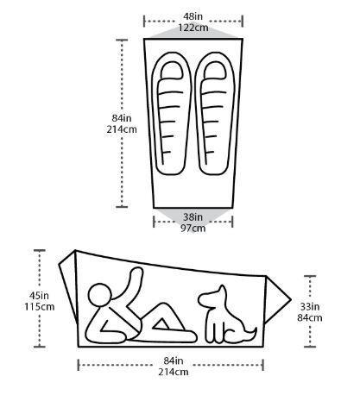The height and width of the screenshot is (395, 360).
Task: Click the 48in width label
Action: coord(193,16)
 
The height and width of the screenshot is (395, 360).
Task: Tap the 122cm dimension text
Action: coord(193,28)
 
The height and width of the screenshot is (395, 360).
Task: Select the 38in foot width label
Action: coord(193,216)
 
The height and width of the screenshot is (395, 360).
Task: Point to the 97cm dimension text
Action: coord(193,229)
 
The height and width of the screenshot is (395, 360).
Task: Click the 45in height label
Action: coord(39,296)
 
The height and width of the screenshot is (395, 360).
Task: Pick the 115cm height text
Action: coord(40,307)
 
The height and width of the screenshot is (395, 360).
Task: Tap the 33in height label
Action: coord(310,307)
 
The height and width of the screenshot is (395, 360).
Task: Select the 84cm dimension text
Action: coord(310,318)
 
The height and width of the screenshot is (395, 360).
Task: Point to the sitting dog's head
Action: coord(212,297)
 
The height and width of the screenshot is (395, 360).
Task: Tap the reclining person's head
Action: coord(100,295)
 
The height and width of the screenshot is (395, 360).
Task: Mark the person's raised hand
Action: coord(136,273)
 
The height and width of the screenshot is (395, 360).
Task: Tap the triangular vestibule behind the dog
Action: coord(275,300)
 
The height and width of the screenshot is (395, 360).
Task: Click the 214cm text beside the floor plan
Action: coord(122,129)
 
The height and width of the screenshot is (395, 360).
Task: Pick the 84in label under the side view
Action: coord(174,361)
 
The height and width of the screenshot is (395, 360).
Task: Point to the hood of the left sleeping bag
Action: coord(172,70)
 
